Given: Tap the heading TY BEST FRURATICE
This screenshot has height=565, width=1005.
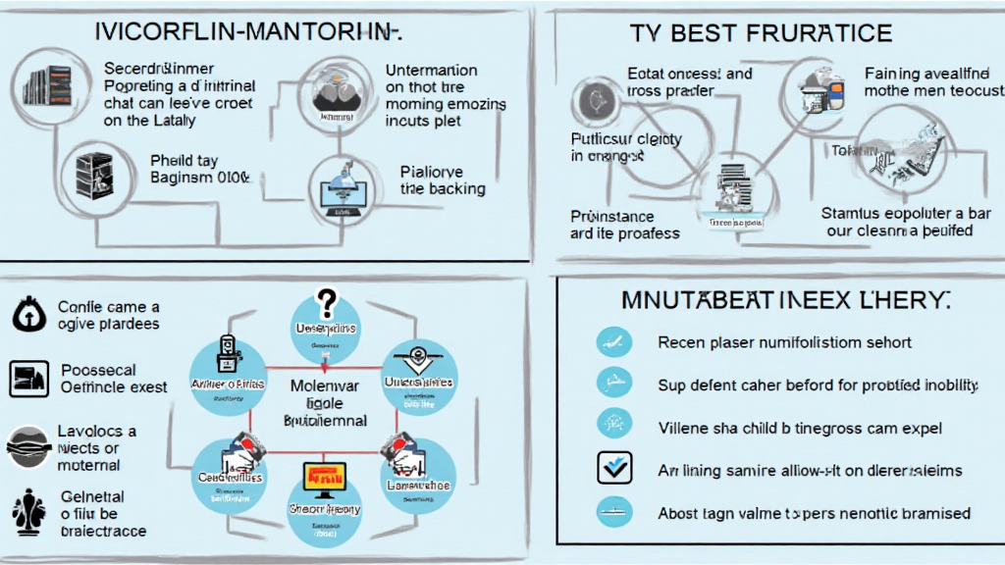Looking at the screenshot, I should coord(762,33).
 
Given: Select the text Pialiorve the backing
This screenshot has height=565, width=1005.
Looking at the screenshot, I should coord(443,180).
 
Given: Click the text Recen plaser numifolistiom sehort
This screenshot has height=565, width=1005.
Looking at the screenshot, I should coord(784,342).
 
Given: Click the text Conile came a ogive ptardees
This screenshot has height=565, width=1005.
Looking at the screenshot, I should coord(108,315).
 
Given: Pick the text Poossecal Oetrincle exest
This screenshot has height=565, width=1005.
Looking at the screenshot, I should coord(114,379).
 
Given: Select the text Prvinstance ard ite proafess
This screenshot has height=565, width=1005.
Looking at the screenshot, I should coord(624,224).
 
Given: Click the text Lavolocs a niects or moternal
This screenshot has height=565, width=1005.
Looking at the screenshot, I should coord(96,448).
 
